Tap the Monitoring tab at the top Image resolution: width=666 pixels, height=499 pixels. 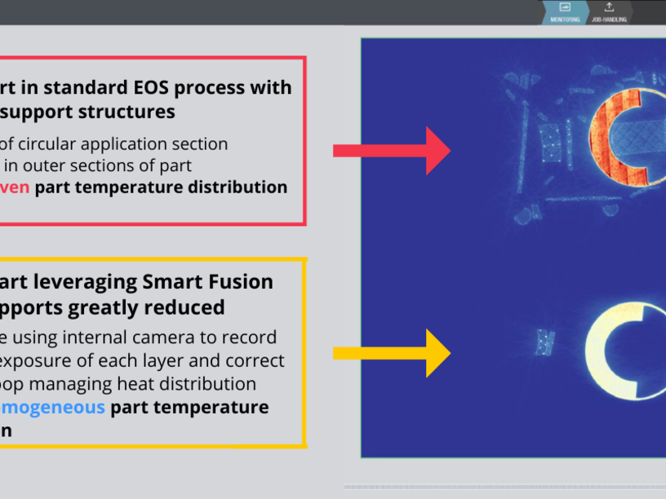point(566,19)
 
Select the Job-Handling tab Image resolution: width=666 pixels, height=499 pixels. point(609,19)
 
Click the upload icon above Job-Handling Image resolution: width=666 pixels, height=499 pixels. point(609,7)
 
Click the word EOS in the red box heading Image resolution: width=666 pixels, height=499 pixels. point(119,87)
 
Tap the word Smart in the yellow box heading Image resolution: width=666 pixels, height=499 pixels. point(171,282)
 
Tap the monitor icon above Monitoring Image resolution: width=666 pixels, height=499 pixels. point(566,7)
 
